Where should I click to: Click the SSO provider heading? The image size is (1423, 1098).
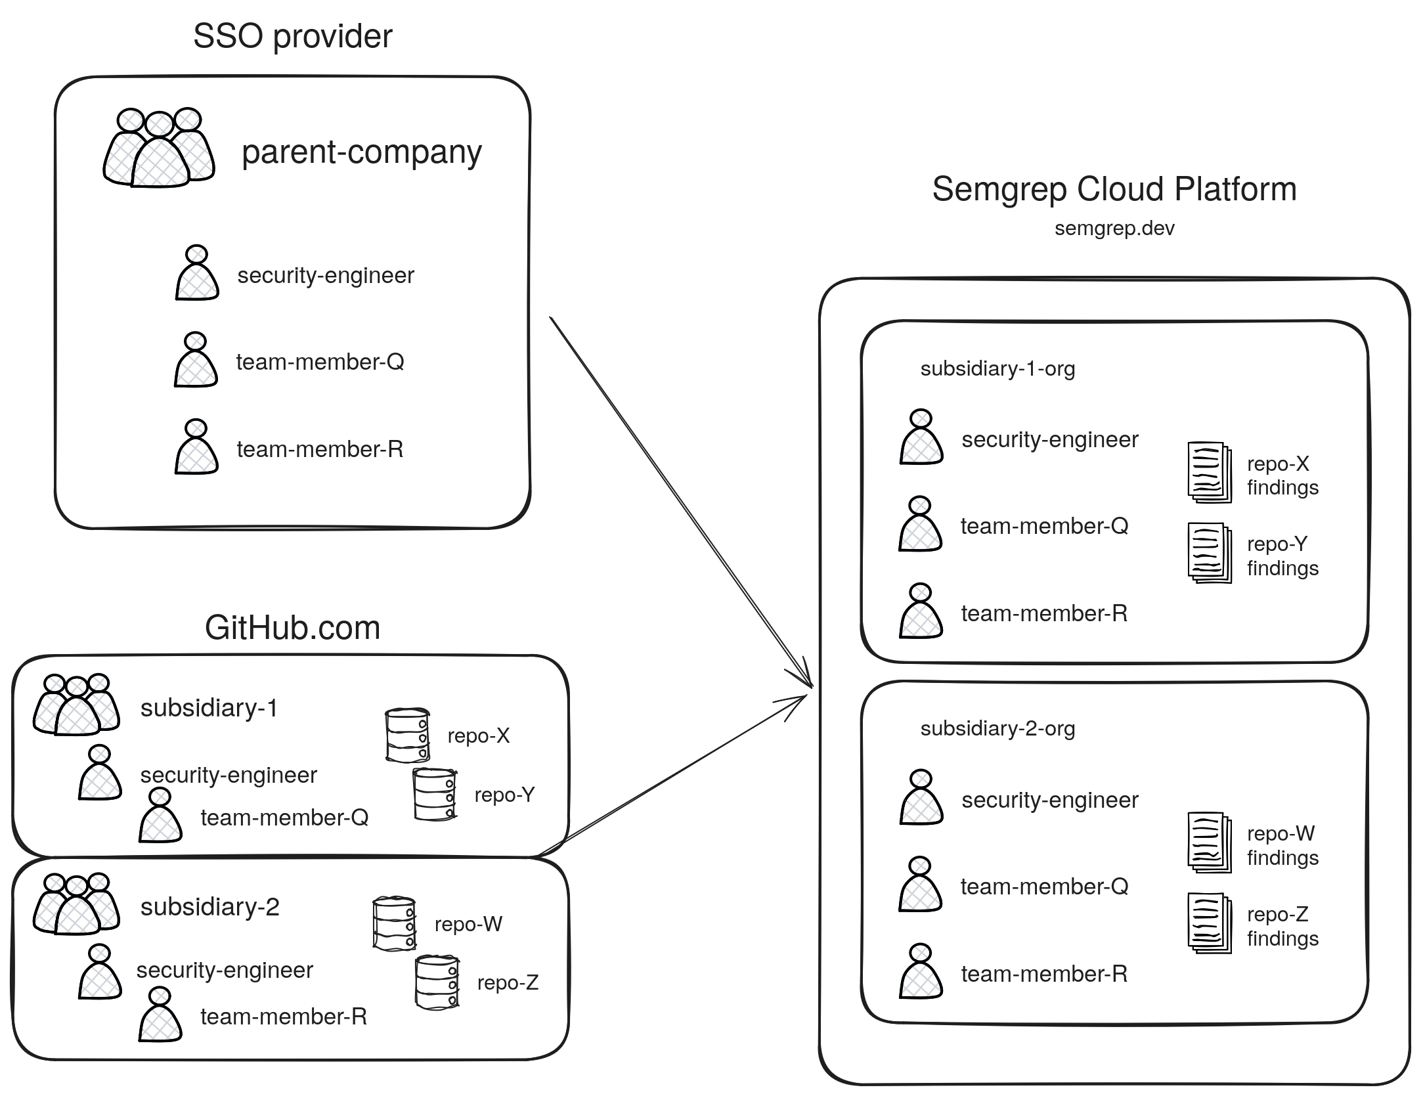(292, 36)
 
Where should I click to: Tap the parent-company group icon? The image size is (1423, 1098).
(159, 149)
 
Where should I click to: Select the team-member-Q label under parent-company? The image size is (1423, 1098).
(320, 362)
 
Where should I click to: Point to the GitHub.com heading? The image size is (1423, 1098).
(292, 628)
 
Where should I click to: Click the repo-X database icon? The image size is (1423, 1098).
(407, 735)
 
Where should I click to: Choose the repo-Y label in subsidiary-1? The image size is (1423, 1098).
(504, 795)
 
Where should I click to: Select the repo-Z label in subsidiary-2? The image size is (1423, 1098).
(508, 982)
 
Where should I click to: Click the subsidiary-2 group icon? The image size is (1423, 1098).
(76, 904)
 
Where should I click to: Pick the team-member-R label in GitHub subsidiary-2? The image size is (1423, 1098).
(284, 1017)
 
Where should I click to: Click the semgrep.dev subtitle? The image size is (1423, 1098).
(1114, 229)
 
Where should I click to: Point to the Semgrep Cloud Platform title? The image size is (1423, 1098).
(1114, 189)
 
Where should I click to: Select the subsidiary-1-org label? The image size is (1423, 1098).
(997, 368)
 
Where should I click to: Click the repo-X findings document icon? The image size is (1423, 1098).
(1209, 473)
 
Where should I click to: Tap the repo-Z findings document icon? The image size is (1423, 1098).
(1209, 923)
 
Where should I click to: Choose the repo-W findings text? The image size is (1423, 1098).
(1282, 846)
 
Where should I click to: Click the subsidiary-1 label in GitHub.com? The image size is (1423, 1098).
(209, 708)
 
